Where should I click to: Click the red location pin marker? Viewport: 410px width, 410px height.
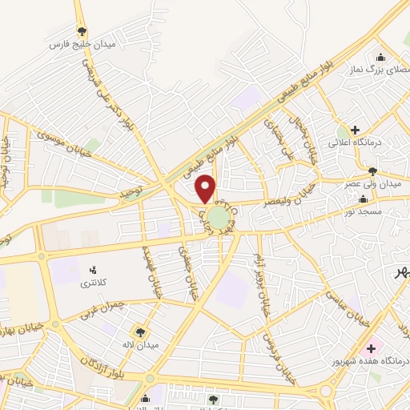point(206,189)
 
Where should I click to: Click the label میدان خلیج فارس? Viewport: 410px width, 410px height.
point(82,45)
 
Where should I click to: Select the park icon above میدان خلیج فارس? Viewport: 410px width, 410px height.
point(82,32)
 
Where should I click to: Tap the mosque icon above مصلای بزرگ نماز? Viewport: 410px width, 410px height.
point(380,58)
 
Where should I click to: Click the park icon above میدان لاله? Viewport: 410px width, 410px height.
point(141,332)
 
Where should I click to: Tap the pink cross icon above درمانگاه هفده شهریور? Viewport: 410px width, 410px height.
point(371,348)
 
